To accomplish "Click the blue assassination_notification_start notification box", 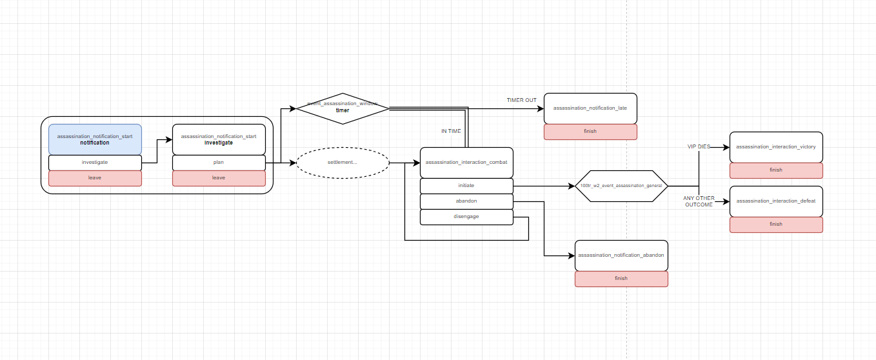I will click(95, 139).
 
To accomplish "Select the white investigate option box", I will click(95, 163).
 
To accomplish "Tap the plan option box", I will click(219, 163).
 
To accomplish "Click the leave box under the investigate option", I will click(95, 178).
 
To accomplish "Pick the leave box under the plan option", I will click(219, 178).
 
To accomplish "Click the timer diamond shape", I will click(343, 108).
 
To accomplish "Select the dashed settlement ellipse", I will click(343, 163).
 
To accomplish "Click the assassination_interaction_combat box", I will click(466, 163).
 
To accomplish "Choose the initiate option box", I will click(466, 186).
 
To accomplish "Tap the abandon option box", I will click(466, 201).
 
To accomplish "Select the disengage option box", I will click(466, 217).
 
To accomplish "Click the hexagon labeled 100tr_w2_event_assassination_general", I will click(621, 186).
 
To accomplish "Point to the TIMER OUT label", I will click(521, 100).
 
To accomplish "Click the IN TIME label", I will click(451, 131).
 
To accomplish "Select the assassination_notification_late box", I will click(590, 108).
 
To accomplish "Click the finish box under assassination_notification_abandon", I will click(621, 279).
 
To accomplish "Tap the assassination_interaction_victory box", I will click(776, 147).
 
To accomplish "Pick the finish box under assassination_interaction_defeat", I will click(776, 225).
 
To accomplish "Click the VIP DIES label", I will click(699, 147).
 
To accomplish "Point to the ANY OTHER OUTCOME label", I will click(699, 201).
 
